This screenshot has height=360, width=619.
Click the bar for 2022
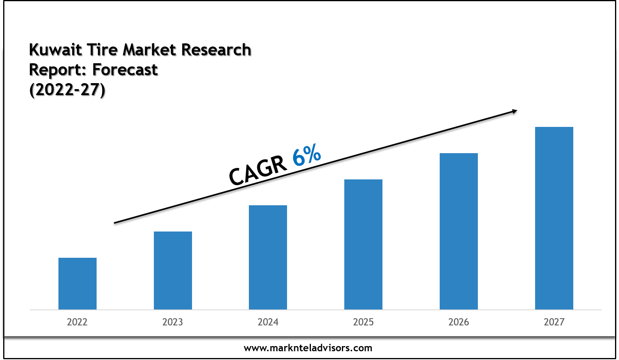coord(78,284)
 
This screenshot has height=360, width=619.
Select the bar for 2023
coord(173,270)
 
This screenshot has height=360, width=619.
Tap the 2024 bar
coord(268,257)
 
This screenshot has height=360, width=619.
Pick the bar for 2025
coord(363,244)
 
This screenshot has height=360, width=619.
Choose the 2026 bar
coord(459,231)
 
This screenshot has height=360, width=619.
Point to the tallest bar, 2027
coord(554,218)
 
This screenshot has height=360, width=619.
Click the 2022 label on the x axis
coord(77,322)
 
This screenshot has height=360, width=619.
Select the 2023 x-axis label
coord(173,322)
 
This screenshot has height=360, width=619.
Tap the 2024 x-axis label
coord(268,322)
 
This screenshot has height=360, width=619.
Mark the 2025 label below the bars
coord(363,322)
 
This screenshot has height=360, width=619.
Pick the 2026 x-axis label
coord(459,322)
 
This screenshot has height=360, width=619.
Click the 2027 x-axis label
coord(554,322)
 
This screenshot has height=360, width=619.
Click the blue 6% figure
coord(307,155)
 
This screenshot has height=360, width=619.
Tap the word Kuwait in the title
coord(55,50)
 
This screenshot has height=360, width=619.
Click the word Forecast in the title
coord(125,70)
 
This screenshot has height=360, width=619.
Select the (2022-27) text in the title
coord(67,90)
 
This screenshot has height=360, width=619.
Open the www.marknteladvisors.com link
coord(308,348)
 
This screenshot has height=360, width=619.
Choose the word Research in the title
coord(216,50)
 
